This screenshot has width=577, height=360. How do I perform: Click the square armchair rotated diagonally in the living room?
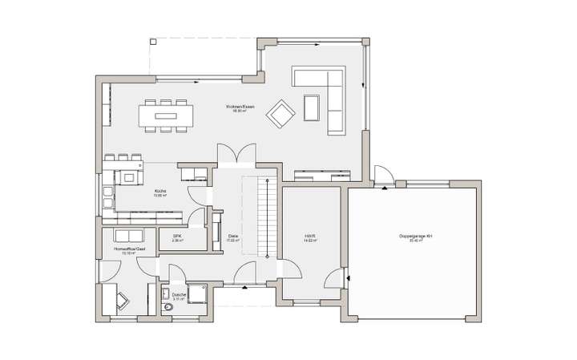tap(281, 113)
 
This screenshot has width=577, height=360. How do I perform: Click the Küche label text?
tap(160, 192)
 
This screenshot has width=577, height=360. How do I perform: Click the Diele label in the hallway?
tap(233, 236)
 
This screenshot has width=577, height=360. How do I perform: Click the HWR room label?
tap(309, 236)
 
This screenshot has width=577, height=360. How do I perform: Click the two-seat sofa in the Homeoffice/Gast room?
tap(128, 235)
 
